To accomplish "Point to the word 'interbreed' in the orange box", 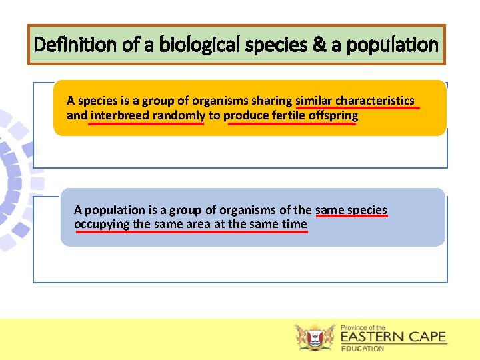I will (x=120, y=115).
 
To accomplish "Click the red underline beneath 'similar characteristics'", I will (x=357, y=107).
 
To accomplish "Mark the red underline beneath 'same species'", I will (x=351, y=217).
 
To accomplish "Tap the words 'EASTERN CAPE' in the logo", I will (x=393, y=337).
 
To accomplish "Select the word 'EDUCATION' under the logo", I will (x=363, y=349).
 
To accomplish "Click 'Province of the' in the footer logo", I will (x=363, y=327).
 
